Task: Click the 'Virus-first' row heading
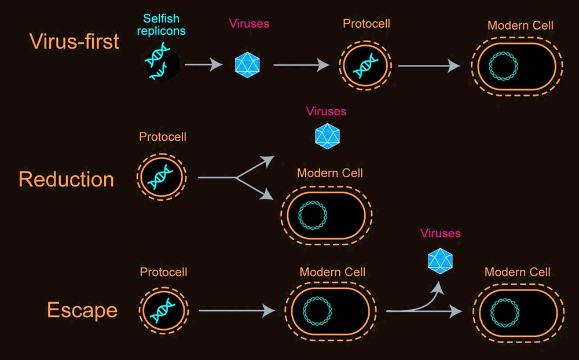tap(74, 41)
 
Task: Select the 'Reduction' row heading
tap(66, 179)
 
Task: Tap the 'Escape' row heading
tap(82, 310)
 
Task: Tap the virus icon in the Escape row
tap(440, 260)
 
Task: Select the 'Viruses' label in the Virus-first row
tap(249, 24)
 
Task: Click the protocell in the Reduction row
tap(162, 177)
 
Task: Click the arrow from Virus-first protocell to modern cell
tap(429, 65)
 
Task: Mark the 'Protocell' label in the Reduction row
tap(163, 137)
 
